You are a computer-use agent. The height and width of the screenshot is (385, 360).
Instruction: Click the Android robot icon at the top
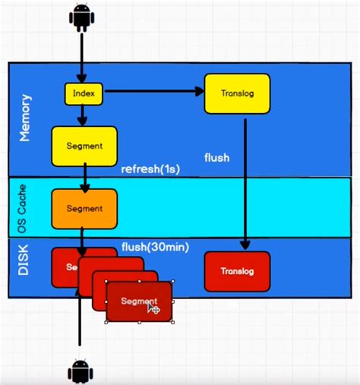point(82,17)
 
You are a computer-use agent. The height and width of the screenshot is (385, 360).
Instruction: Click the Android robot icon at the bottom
point(80,371)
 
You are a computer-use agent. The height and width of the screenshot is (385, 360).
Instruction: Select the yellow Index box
point(83,93)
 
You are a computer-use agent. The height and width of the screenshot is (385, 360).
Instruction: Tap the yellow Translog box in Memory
point(237,93)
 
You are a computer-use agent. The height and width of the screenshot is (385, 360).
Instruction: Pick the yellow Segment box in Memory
point(84,146)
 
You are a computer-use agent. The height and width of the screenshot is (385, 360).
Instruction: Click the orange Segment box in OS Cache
point(84,208)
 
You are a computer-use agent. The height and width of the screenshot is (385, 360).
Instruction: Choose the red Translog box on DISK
point(237,271)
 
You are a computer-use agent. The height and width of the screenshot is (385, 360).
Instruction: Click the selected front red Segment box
point(139,301)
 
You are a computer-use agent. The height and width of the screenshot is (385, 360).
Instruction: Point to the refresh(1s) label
point(150,169)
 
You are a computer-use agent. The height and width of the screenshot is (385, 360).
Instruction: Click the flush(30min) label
point(155,246)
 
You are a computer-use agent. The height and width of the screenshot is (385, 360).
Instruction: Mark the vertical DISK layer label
point(24,267)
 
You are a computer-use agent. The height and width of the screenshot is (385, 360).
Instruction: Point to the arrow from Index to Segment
point(83,115)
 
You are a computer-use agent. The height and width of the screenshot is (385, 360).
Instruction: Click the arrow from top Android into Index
point(81,57)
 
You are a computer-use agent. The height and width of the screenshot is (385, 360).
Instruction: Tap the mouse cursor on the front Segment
point(153,307)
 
